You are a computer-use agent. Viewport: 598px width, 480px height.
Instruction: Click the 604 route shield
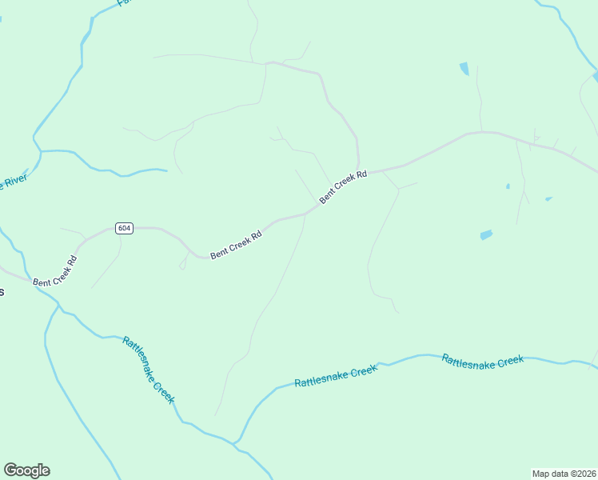(x=123, y=228)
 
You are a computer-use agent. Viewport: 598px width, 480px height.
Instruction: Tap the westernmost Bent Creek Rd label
(x=55, y=272)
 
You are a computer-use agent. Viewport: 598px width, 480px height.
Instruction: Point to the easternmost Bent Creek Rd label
(x=343, y=186)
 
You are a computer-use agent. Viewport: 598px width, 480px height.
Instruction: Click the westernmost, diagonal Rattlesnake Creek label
(x=148, y=370)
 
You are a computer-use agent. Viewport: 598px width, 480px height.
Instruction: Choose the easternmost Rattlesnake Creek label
(x=482, y=361)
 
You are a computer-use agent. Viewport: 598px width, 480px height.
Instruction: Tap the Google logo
(x=26, y=470)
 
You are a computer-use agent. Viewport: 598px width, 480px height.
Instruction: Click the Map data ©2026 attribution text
(x=564, y=474)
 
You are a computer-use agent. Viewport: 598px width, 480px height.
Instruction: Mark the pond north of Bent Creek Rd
(x=464, y=69)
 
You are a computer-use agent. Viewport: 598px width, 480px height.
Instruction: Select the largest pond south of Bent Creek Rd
(x=486, y=235)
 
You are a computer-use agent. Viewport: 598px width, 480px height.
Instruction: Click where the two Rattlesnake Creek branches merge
(x=234, y=442)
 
